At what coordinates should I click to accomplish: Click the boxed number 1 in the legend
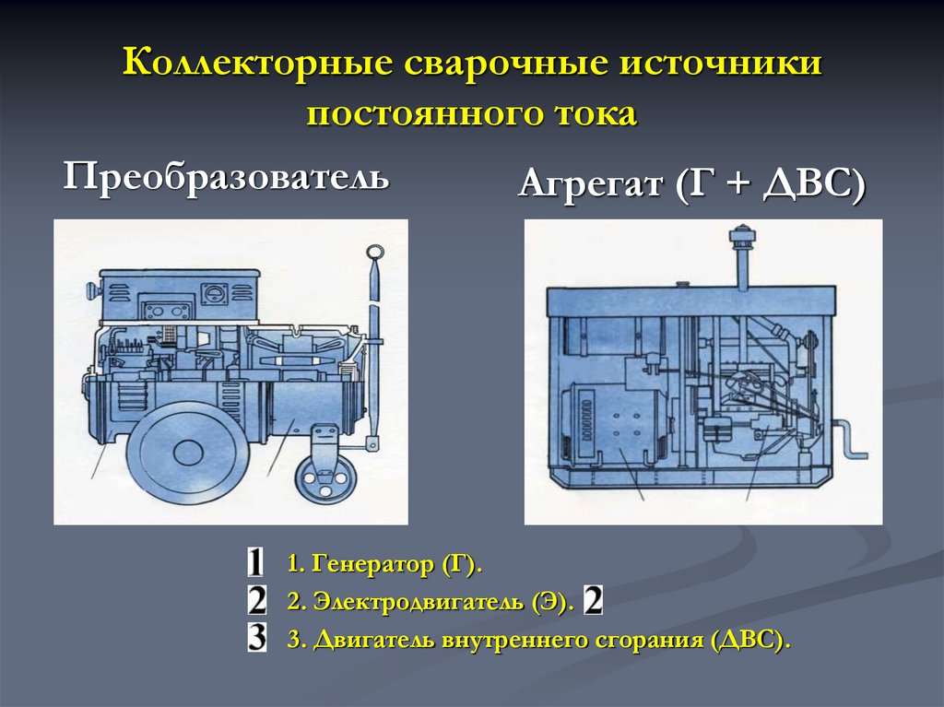[256, 563]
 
